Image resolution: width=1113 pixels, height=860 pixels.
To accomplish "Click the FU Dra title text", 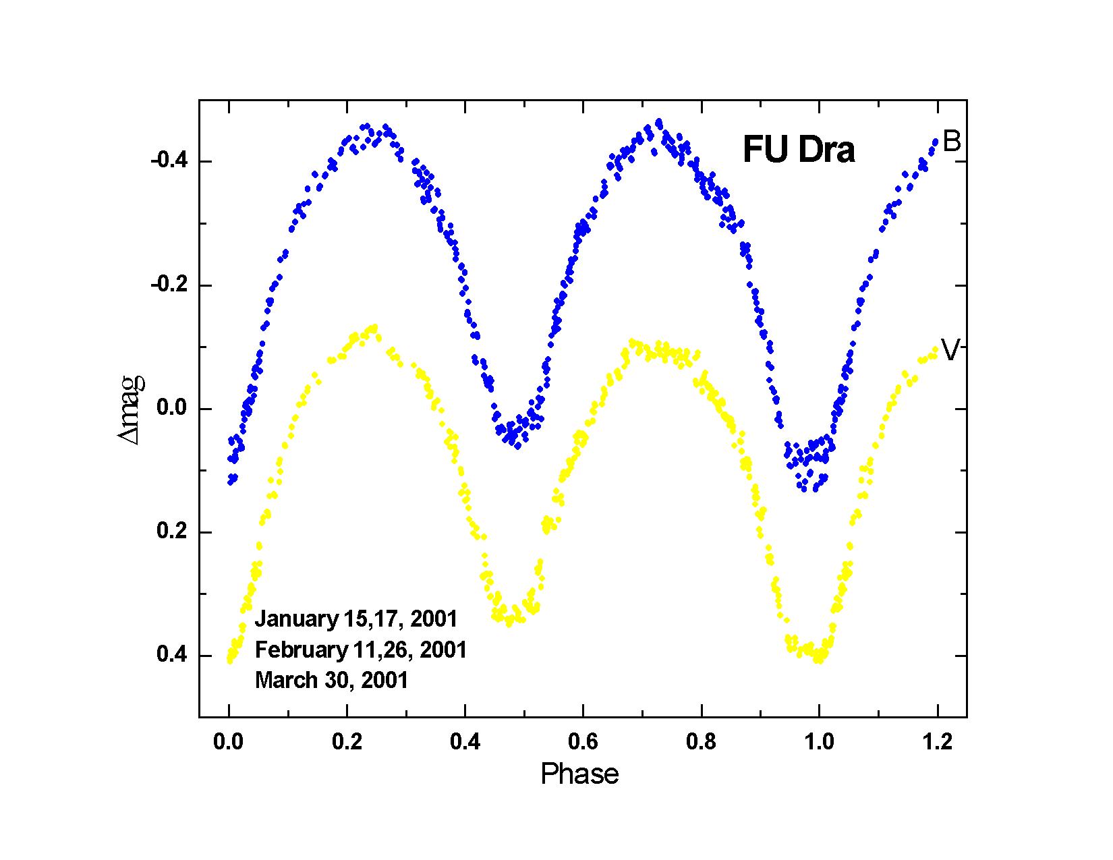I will point(799,150).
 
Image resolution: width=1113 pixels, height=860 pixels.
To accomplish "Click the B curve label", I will point(951,142).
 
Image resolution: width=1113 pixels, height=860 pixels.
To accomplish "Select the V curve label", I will point(950,350).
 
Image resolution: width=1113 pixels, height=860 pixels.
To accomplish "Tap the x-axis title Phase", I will point(579,774).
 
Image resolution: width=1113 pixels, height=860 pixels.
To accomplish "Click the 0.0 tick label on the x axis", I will point(229,743).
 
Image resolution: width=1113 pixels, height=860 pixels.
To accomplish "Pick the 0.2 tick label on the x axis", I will point(347,743).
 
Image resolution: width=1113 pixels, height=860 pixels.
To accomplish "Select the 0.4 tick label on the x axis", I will point(465,743).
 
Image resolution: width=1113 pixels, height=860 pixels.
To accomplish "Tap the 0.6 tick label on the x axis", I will point(583,743).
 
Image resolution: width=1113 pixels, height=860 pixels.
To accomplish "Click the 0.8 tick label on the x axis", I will point(701,743).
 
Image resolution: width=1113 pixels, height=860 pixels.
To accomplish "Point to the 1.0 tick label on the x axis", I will point(819,743).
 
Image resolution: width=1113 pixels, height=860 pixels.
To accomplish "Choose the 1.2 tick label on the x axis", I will point(937,743).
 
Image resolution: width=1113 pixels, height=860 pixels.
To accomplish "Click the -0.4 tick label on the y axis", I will point(169,161).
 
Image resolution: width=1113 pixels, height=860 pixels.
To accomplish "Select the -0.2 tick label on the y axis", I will point(169,285).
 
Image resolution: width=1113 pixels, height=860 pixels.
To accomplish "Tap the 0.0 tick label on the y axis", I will point(173,409).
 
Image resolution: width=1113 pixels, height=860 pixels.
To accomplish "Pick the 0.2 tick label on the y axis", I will point(173,532).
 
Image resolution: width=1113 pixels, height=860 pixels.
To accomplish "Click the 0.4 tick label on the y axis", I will point(173,656).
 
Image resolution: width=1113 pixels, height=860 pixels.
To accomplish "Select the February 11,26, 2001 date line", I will point(361,650).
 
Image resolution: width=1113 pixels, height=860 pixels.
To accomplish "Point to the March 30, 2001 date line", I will point(332,680).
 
